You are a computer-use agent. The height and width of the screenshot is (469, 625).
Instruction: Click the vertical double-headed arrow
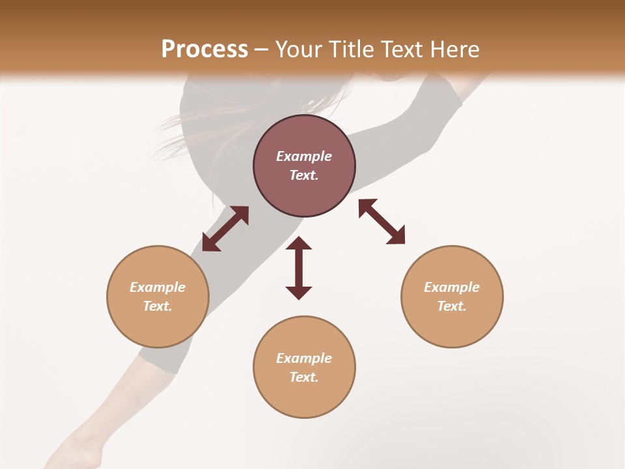[x=299, y=268]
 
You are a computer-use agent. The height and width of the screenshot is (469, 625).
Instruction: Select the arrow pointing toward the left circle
[x=225, y=229]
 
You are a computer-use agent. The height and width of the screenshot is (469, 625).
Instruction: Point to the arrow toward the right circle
[x=382, y=221]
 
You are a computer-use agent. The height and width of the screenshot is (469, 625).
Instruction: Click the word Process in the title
[x=204, y=49]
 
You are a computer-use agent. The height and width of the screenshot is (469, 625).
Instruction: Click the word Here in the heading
[x=455, y=49]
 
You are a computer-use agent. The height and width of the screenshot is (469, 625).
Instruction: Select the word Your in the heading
[x=297, y=49]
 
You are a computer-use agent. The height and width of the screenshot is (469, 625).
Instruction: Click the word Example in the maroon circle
[x=304, y=156]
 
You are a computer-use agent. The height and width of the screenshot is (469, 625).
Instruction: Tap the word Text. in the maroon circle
[x=304, y=175]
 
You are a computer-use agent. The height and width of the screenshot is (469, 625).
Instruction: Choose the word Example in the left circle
[x=158, y=287]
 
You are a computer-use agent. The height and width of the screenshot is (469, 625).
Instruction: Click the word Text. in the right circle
[x=452, y=306]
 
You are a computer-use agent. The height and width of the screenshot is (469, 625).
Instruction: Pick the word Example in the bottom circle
[x=304, y=358]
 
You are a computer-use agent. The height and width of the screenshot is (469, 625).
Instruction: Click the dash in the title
[x=261, y=49]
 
